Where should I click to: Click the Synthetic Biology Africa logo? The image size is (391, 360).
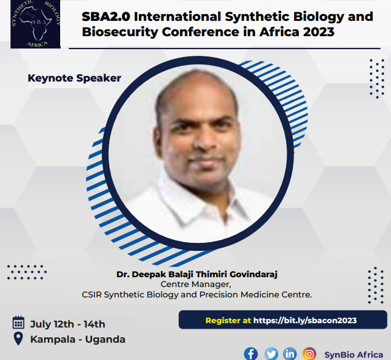(x=35, y=24)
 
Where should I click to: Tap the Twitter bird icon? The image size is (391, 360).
(x=271, y=353)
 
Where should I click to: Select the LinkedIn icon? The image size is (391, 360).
(x=290, y=353)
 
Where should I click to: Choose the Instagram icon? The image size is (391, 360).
(x=310, y=353)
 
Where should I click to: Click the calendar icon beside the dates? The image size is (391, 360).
(x=18, y=323)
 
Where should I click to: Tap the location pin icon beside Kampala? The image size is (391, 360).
(x=18, y=339)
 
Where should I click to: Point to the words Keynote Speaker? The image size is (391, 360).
(x=74, y=78)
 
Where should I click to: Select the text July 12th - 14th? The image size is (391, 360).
(x=67, y=324)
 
